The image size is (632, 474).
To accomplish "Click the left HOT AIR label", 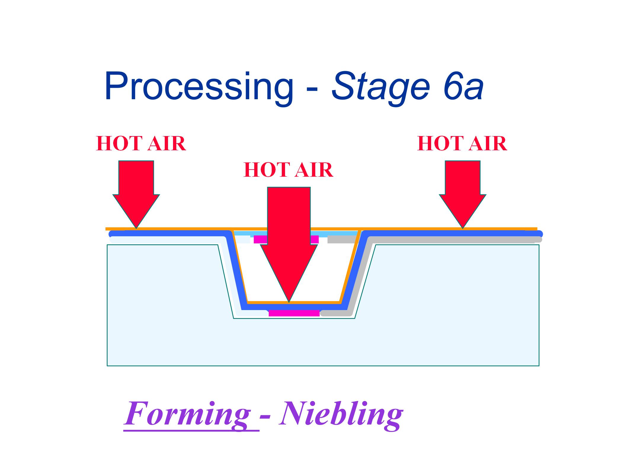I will coord(141,144).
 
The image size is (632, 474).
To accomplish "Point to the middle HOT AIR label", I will coord(288,170).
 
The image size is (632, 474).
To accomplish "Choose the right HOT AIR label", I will coord(462,144).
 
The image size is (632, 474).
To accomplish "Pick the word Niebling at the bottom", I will coord(341,414).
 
